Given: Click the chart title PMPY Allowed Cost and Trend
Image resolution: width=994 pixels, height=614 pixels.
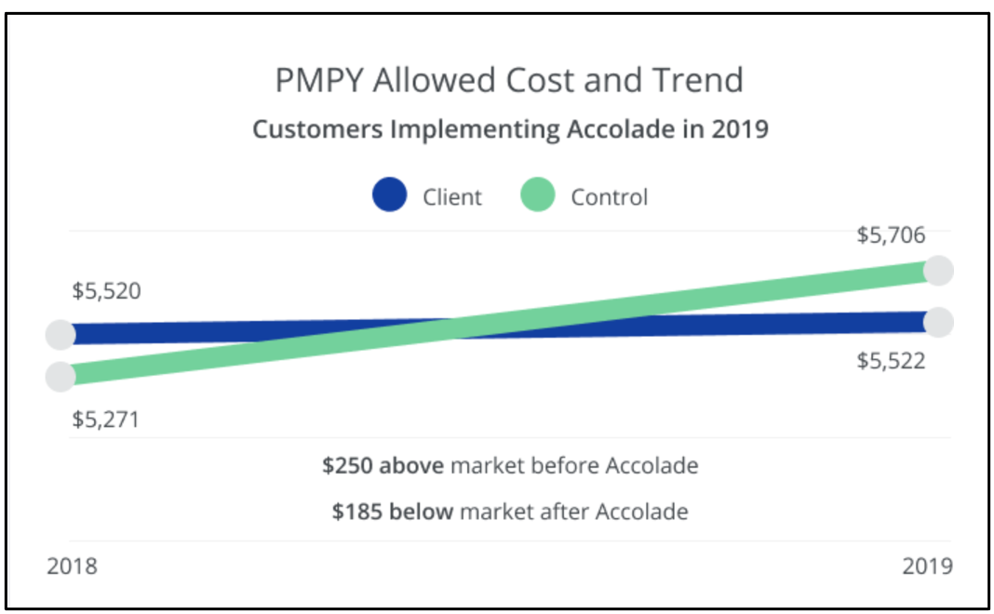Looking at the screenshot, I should [509, 81].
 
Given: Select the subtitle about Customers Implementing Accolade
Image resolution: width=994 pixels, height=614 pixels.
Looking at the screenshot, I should [510, 128].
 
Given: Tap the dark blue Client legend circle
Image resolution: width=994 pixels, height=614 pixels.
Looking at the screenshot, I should [389, 195].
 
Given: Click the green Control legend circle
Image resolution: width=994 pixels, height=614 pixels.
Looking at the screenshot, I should [538, 195].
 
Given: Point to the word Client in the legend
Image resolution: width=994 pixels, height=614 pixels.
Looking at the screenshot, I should [452, 197].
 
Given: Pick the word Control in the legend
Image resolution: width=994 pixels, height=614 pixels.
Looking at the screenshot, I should [609, 197].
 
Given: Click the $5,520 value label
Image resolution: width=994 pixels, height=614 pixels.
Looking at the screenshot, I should [106, 291].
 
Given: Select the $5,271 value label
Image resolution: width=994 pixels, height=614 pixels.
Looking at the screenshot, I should [105, 420].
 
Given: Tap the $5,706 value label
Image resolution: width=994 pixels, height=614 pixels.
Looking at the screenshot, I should [891, 235].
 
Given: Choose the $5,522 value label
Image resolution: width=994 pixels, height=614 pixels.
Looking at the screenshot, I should [891, 361].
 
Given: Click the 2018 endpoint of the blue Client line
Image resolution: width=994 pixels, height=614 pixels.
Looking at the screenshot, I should [60, 334].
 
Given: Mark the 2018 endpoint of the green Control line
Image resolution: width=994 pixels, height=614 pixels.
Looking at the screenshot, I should [60, 376].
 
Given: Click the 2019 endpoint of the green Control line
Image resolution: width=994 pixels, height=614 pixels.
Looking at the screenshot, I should [939, 270].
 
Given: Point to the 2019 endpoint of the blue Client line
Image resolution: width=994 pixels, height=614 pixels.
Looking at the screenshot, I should [939, 322].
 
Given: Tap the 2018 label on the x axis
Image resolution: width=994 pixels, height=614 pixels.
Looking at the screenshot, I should [72, 566].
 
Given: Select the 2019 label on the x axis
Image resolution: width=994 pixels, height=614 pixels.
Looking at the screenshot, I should [927, 566].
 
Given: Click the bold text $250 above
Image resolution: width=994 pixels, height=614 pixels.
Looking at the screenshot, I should [383, 465].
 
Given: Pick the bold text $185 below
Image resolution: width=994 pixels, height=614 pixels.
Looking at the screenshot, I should [393, 511].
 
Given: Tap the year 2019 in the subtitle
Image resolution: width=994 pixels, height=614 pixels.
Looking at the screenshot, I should [740, 128].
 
